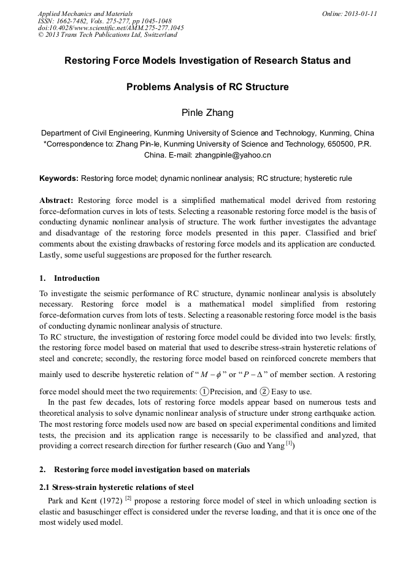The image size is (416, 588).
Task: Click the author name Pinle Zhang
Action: click(x=207, y=112)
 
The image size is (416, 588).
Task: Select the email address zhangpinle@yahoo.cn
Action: click(x=233, y=155)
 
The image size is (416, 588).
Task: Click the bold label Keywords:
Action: click(x=59, y=178)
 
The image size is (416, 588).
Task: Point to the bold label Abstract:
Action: click(x=56, y=200)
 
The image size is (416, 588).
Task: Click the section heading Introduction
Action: click(x=77, y=278)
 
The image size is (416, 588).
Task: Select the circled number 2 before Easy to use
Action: click(x=264, y=391)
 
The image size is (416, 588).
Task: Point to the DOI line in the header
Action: click(x=110, y=28)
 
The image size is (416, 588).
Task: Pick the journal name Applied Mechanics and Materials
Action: click(x=85, y=13)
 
